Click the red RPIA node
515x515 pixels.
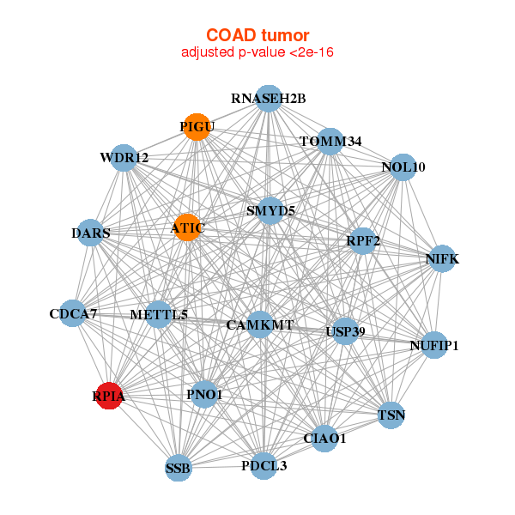click(109, 396)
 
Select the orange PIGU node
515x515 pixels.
click(197, 127)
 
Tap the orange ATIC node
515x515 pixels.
click(186, 228)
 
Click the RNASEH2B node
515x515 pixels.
click(269, 99)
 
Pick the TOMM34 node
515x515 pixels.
click(330, 141)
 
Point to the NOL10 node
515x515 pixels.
click(403, 167)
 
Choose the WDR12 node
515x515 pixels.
click(124, 158)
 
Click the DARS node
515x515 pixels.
click(90, 233)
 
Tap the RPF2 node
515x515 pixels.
click(362, 241)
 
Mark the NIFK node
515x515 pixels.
click(441, 258)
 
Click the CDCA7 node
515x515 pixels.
click(73, 313)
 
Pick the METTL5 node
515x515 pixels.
click(159, 314)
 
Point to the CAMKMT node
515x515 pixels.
click(260, 325)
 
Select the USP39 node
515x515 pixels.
click(345, 331)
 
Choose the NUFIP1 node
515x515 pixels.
click(434, 346)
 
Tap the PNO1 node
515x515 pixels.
click(203, 395)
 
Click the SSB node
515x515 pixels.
click(178, 468)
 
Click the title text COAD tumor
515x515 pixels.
click(257, 35)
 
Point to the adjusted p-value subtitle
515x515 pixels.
click(257, 52)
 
